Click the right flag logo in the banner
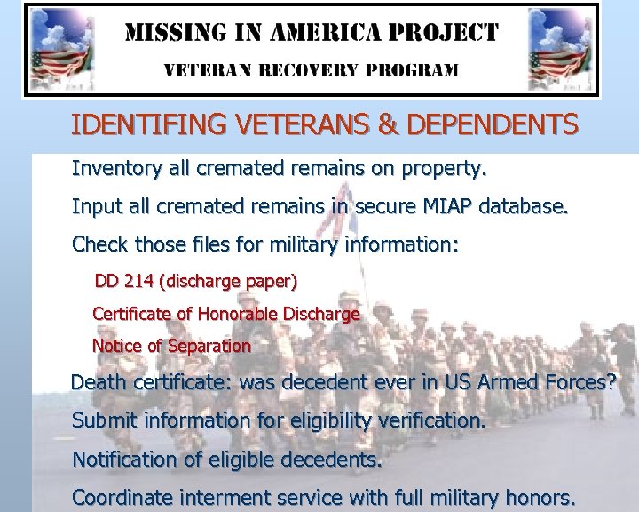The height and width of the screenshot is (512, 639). point(561,50)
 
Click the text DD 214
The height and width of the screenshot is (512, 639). point(124,282)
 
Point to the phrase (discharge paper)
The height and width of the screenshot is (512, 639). point(228,283)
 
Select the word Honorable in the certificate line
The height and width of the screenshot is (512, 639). point(237,314)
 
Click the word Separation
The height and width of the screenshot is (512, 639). point(212,346)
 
